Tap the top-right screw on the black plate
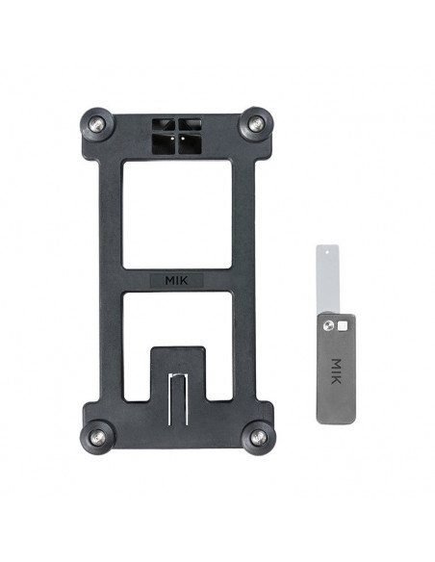pos(256,123)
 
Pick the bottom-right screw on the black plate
pos(257,437)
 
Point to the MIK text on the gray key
pos(335,370)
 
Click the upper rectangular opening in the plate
pos(175,214)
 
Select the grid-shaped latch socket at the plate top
pos(175,137)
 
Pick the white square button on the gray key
pos(342,326)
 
